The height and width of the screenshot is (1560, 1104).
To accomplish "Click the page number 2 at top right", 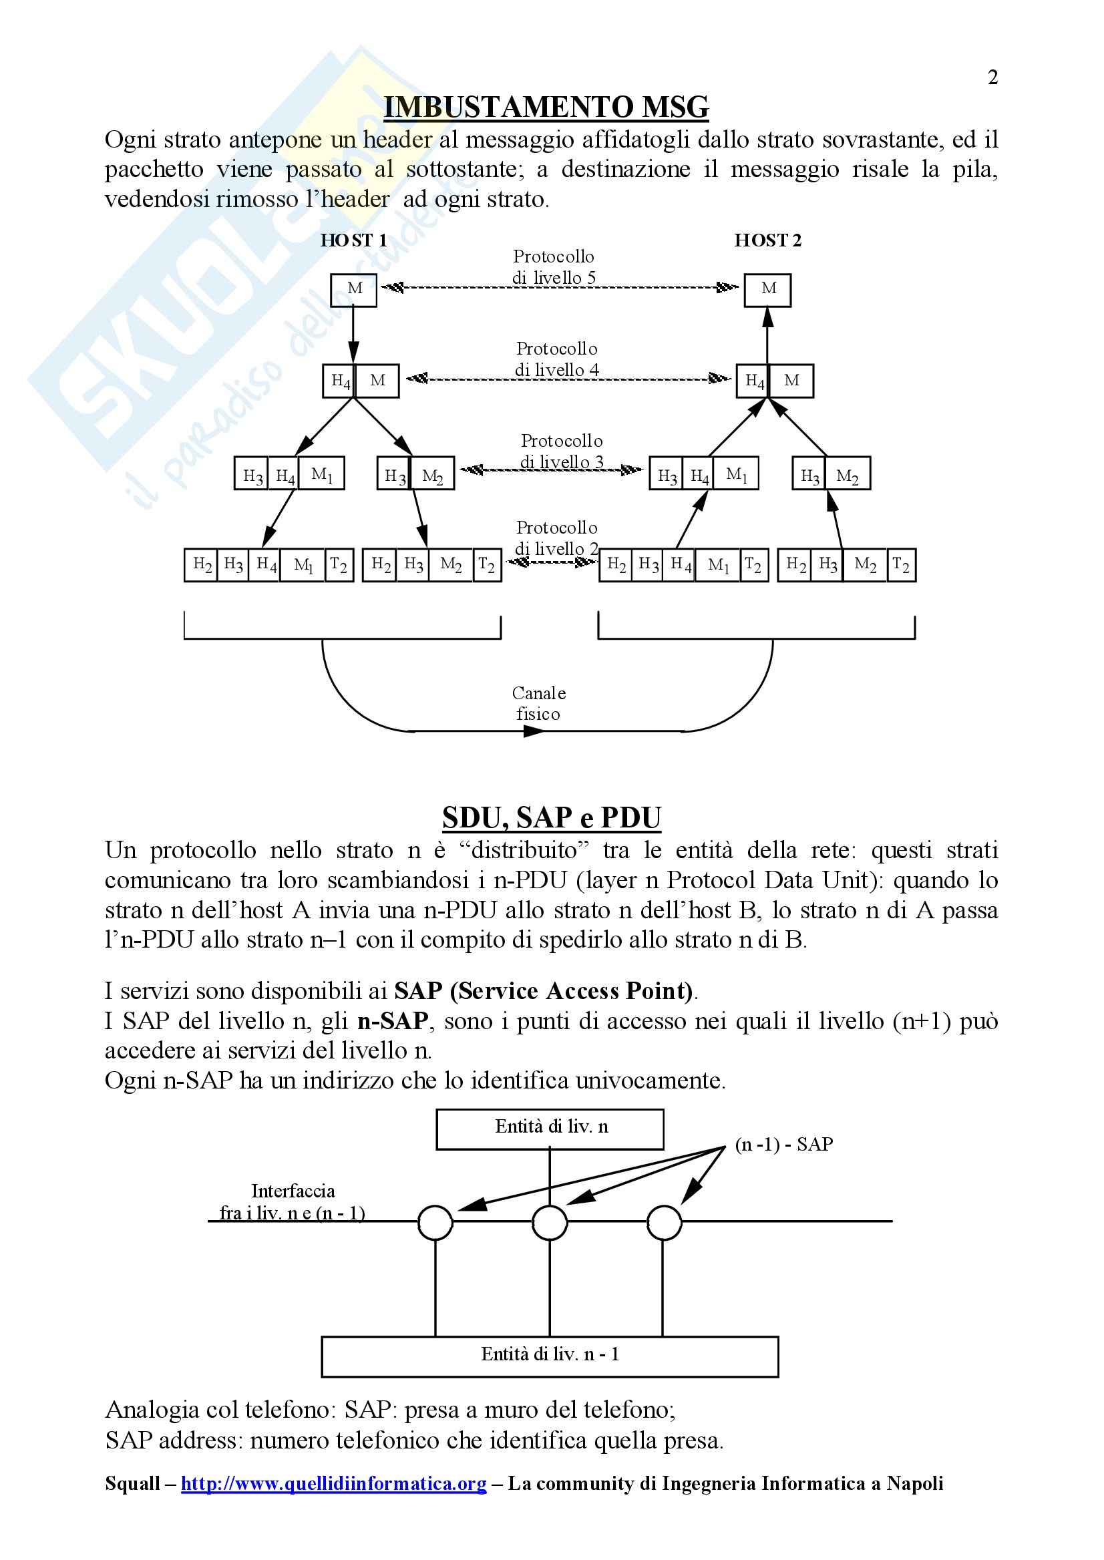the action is (992, 77).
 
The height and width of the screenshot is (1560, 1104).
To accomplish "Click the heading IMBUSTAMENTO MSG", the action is (546, 108).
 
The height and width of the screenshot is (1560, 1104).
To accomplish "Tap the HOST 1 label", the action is (353, 240).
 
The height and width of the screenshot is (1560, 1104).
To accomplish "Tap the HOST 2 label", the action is (767, 240).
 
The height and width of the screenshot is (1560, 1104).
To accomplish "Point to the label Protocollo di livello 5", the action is (554, 267).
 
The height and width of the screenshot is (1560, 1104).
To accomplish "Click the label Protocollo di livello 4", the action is (557, 359).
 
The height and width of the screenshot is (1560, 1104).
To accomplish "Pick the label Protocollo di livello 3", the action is (562, 451).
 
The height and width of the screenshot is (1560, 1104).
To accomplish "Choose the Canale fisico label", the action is (538, 703).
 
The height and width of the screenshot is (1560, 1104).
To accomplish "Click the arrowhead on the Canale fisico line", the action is (534, 731).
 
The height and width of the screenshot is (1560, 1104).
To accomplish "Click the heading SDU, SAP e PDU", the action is (551, 817).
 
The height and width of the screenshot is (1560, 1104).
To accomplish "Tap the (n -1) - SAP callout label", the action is (784, 1145).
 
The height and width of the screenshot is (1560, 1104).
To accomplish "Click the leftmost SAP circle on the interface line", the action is (435, 1222).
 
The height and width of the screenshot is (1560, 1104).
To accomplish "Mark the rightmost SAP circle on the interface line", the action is (664, 1222).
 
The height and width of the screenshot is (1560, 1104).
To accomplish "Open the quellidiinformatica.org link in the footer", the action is (334, 1483).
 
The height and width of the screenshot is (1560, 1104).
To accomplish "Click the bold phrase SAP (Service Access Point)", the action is (543, 991).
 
